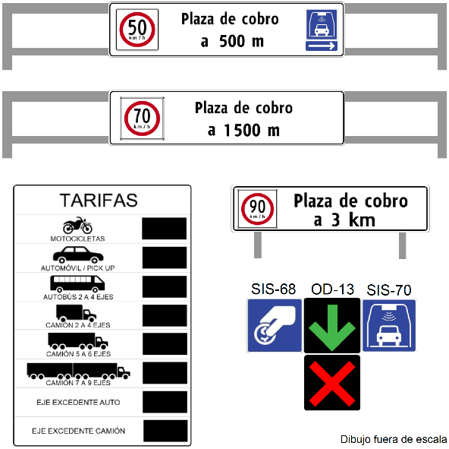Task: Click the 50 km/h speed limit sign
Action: pos(137,30)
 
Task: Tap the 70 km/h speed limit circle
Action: pos(142,119)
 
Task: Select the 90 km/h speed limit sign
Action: pos(257,209)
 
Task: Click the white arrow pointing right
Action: pos(322,46)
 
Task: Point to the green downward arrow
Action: pos(332,327)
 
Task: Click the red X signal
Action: pos(332,384)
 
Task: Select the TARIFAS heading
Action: pos(99,201)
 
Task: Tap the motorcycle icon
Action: pos(77,225)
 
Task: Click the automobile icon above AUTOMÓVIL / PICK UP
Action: pos(78,255)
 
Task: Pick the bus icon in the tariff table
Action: pos(77,284)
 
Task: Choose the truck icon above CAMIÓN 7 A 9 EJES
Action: pos(78,371)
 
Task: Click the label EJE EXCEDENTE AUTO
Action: pos(78,402)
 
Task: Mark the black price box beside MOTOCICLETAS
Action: pos(164,229)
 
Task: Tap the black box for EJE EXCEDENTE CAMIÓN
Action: pos(165,431)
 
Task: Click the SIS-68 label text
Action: pos(274,289)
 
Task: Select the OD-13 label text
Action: pos(332,289)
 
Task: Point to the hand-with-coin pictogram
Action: pos(275,325)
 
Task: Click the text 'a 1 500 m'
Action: pos(243,130)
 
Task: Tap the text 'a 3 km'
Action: pos(344,220)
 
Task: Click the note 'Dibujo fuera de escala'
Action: pos(394,439)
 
